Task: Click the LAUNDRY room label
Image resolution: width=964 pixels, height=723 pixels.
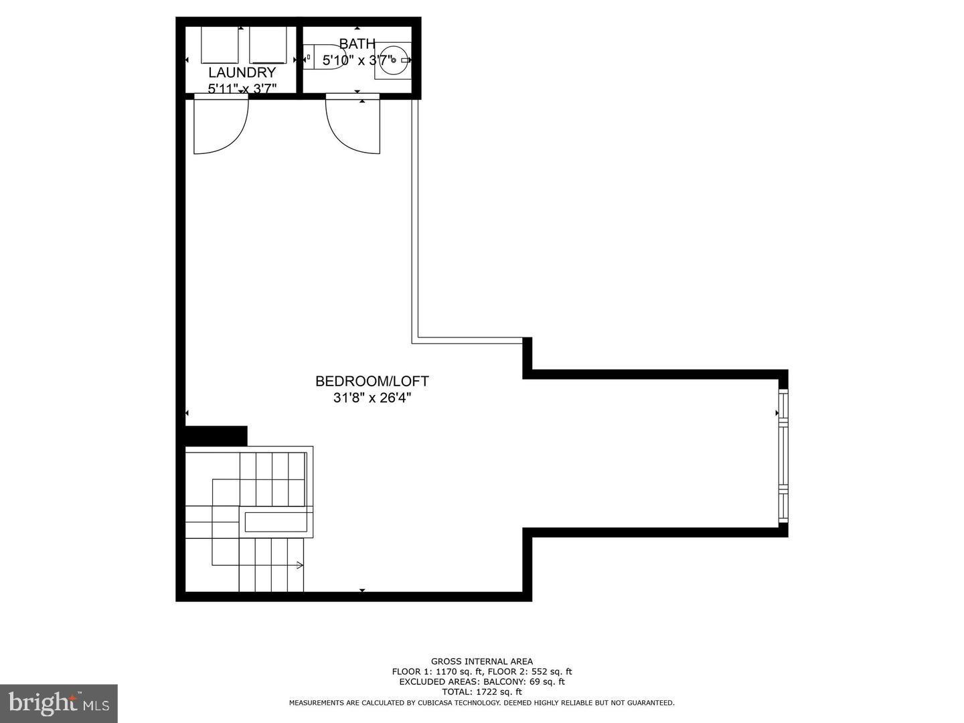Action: [242, 72]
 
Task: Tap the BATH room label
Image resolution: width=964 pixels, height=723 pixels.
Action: [357, 44]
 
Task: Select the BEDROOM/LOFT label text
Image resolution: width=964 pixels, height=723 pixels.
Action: [372, 381]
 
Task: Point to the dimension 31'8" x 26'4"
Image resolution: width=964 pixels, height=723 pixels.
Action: [372, 398]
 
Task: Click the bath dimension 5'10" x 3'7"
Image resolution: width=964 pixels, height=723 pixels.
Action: [357, 60]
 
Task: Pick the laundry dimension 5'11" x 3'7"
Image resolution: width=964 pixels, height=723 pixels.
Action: [242, 88]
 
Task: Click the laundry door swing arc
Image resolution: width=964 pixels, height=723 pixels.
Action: [222, 126]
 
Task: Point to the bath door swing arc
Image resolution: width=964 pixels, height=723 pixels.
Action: [352, 126]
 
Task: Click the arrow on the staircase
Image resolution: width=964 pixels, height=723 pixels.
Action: [299, 566]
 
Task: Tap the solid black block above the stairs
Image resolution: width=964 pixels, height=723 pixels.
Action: [216, 435]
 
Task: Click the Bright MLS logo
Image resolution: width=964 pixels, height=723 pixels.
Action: [58, 703]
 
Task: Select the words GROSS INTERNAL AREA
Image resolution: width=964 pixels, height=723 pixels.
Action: [482, 661]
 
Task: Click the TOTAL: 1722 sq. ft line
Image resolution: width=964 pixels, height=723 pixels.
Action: [482, 692]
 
